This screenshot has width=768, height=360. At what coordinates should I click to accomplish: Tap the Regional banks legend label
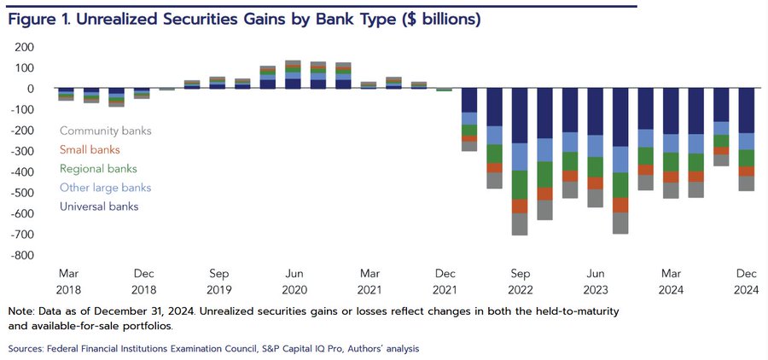click(x=98, y=169)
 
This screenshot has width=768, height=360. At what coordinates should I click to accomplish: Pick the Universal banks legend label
click(x=99, y=206)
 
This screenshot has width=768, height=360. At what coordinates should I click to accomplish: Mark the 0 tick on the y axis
click(x=29, y=89)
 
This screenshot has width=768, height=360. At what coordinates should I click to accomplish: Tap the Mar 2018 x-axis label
click(x=69, y=281)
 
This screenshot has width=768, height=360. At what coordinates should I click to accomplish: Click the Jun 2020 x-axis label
click(x=294, y=281)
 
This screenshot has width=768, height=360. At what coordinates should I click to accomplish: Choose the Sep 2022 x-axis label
click(x=520, y=281)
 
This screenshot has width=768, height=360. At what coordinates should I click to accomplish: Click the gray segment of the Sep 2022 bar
click(x=520, y=224)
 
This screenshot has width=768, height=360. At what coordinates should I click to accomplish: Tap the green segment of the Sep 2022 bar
click(x=520, y=184)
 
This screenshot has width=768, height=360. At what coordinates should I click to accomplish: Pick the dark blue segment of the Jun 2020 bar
click(x=294, y=83)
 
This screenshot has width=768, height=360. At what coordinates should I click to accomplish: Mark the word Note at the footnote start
click(x=20, y=311)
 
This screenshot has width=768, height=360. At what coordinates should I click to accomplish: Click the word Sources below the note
click(x=28, y=349)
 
